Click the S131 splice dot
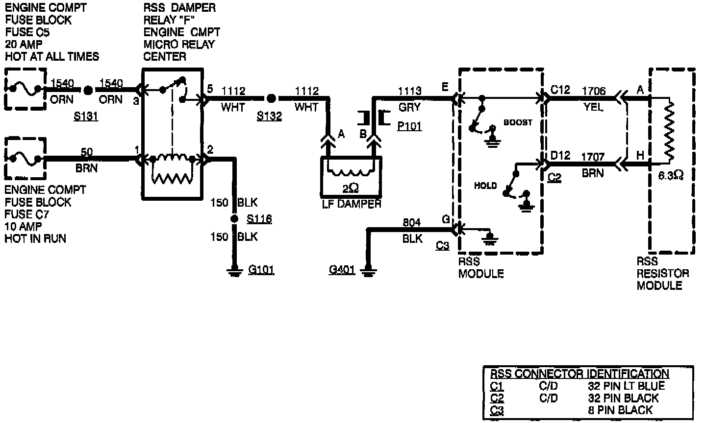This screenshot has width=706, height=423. click(x=88, y=91)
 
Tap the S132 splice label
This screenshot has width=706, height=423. click(x=270, y=116)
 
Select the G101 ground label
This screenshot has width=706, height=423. click(x=261, y=269)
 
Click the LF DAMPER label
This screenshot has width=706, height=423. click(x=351, y=204)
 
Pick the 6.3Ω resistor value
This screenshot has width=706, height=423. click(x=670, y=175)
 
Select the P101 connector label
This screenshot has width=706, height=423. click(x=409, y=126)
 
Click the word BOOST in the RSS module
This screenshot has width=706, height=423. click(x=518, y=122)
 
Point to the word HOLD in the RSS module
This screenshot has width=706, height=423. click(x=485, y=186)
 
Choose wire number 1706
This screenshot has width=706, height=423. click(x=594, y=91)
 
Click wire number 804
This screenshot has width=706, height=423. click(x=412, y=223)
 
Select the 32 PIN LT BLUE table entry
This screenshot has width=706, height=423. click(x=627, y=386)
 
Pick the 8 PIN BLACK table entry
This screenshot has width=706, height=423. click(x=620, y=410)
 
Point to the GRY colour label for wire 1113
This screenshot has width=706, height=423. click(x=410, y=107)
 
